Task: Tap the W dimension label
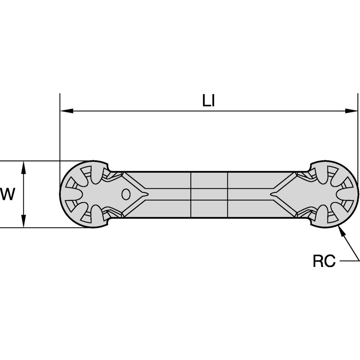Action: tap(8, 194)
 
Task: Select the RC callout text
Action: tap(324, 261)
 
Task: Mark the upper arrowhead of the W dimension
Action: tap(23, 166)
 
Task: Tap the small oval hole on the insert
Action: tap(126, 194)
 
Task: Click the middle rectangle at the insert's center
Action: tap(209, 194)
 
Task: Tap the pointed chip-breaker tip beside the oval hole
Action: tap(146, 194)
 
